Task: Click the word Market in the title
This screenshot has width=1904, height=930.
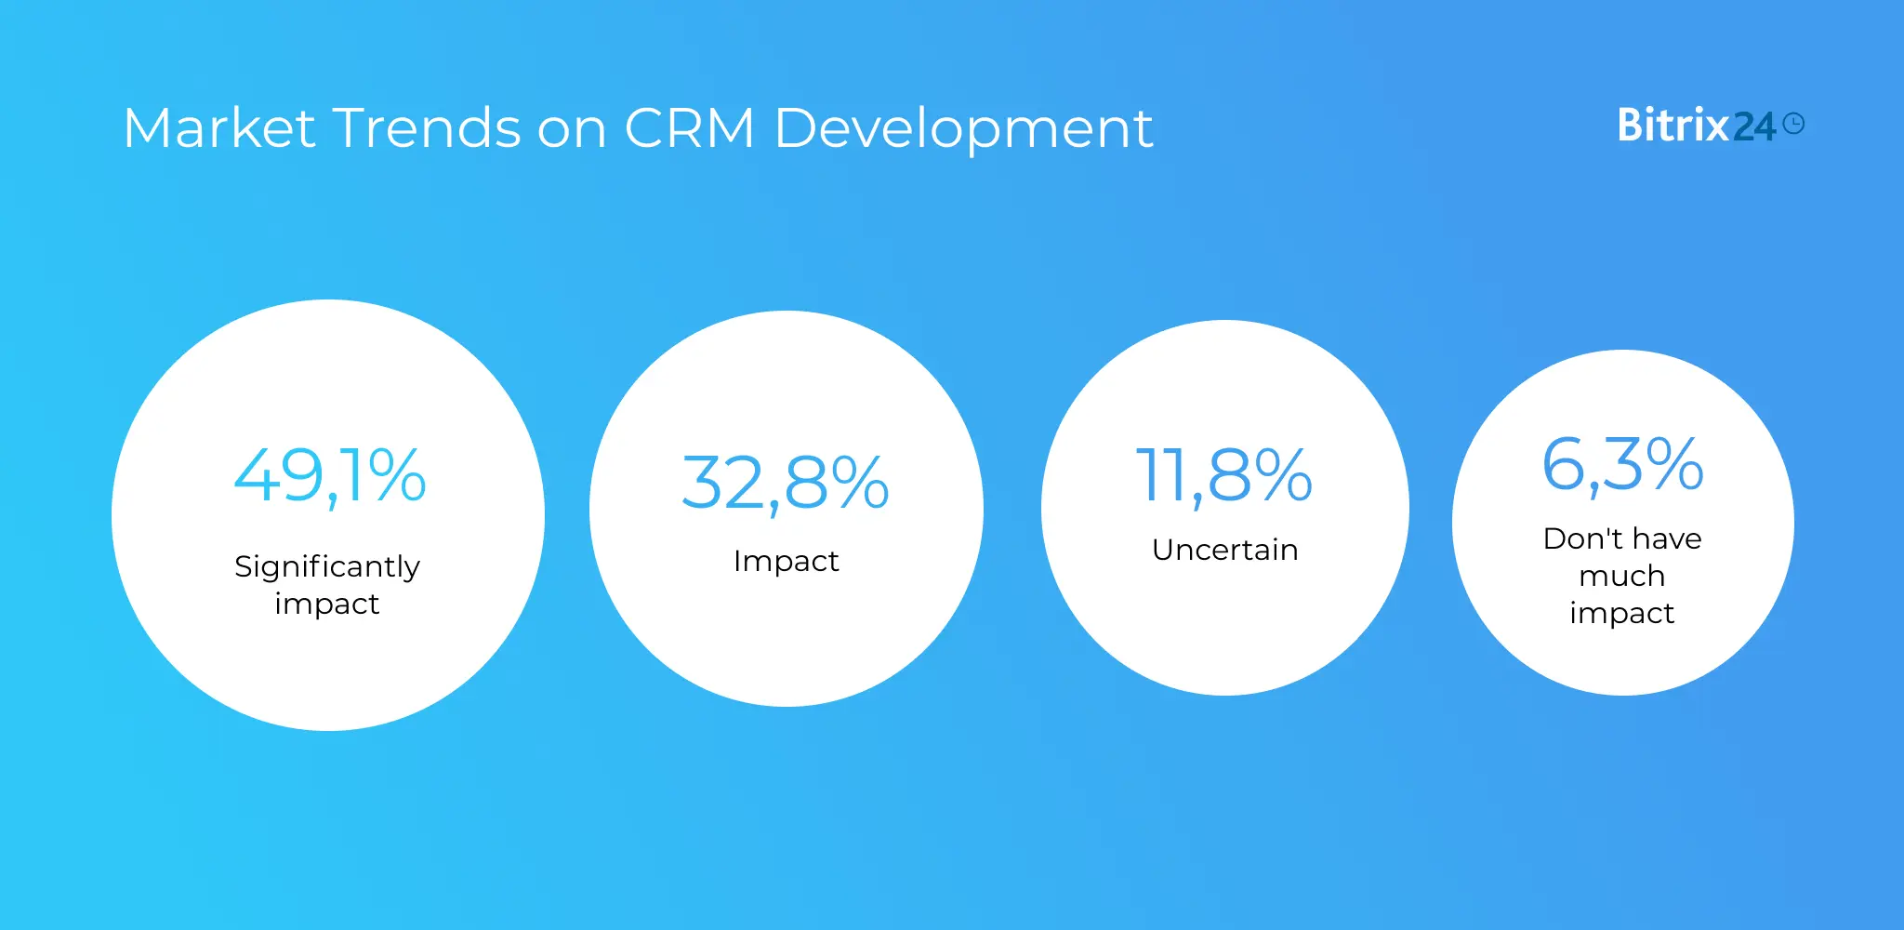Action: (x=219, y=127)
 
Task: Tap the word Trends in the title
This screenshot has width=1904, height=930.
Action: (x=426, y=127)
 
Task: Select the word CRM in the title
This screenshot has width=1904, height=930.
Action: (x=689, y=127)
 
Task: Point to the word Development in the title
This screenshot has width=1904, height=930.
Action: (x=963, y=129)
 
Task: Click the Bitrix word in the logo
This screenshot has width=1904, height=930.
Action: (x=1673, y=126)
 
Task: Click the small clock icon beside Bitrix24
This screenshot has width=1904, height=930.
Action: (x=1794, y=124)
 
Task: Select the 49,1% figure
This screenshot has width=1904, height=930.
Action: (x=330, y=475)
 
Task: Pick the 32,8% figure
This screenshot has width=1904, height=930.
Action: (x=786, y=483)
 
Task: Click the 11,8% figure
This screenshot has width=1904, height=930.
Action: (x=1224, y=475)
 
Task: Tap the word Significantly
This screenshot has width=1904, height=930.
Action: (x=327, y=567)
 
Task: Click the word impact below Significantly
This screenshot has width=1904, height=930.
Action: (x=327, y=604)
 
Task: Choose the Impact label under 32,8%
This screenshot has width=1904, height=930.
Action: (x=786, y=562)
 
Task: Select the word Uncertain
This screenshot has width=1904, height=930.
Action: (x=1224, y=550)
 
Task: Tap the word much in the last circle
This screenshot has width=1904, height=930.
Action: (x=1622, y=576)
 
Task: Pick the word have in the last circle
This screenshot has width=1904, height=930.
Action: (x=1667, y=538)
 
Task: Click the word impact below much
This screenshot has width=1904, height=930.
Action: (x=1622, y=614)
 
